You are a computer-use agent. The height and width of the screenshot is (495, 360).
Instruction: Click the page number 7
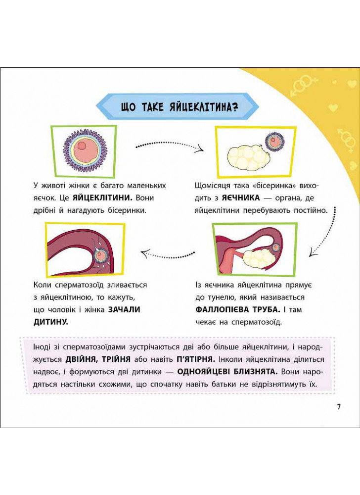point(339,406)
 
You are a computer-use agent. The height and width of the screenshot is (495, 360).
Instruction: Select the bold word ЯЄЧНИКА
point(241,198)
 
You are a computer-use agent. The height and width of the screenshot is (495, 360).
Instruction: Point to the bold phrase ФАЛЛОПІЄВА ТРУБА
point(238,309)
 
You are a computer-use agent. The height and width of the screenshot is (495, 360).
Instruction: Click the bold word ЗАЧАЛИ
point(124,309)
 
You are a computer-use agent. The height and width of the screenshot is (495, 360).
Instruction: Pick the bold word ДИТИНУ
point(51,322)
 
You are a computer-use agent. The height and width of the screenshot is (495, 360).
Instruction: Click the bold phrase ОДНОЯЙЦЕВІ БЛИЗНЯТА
point(227,372)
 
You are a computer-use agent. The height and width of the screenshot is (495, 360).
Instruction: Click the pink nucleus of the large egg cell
point(82,146)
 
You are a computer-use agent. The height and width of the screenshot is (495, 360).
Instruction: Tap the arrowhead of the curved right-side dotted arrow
point(314,251)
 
